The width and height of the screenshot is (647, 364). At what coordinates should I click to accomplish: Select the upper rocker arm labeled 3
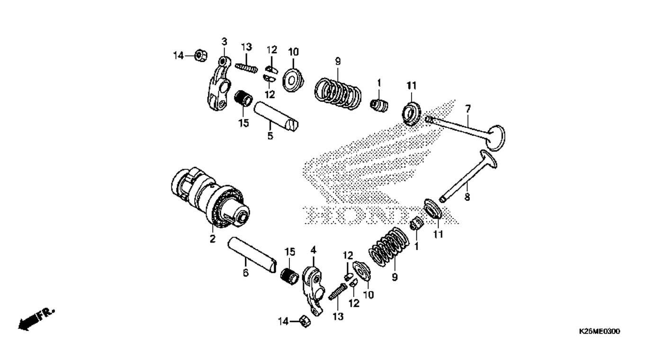pyautogui.click(x=219, y=84)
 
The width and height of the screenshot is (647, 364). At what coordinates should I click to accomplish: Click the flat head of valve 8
pyautogui.click(x=488, y=159)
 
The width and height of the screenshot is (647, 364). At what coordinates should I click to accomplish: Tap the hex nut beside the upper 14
pyautogui.click(x=201, y=55)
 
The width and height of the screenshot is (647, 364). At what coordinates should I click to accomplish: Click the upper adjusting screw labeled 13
pyautogui.click(x=246, y=69)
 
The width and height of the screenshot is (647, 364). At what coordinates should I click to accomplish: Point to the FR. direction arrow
pyautogui.click(x=36, y=320)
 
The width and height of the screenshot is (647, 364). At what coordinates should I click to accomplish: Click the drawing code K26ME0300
pyautogui.click(x=599, y=331)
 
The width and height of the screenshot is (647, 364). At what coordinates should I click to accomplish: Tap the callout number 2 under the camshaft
pyautogui.click(x=213, y=239)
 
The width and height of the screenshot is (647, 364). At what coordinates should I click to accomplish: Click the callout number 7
pyautogui.click(x=467, y=109)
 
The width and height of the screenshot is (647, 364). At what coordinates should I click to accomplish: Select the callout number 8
pyautogui.click(x=467, y=197)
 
